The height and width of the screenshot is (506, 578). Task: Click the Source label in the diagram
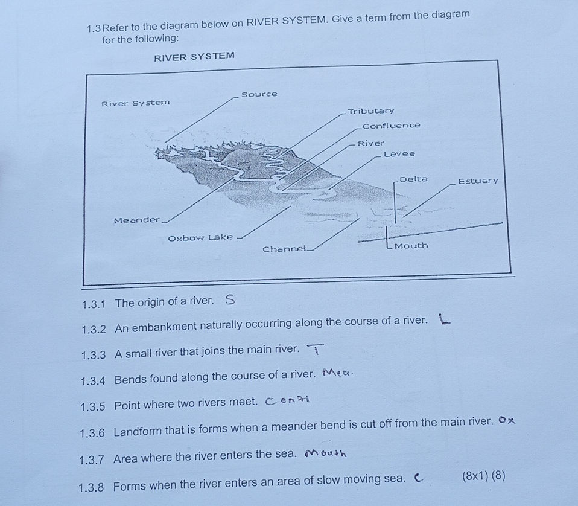(x=259, y=94)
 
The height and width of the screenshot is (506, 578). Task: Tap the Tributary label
(x=371, y=111)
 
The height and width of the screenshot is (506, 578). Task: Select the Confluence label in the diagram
(x=391, y=126)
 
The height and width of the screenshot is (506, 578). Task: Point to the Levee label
(x=399, y=154)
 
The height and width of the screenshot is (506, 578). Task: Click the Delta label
(x=414, y=179)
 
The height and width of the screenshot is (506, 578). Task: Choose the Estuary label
(x=478, y=181)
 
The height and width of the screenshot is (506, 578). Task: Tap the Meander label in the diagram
(x=137, y=220)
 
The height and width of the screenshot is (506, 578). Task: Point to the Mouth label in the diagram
(x=411, y=246)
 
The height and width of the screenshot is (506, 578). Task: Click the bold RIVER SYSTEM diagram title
(x=194, y=57)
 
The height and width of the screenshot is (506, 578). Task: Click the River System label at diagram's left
(x=135, y=103)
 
